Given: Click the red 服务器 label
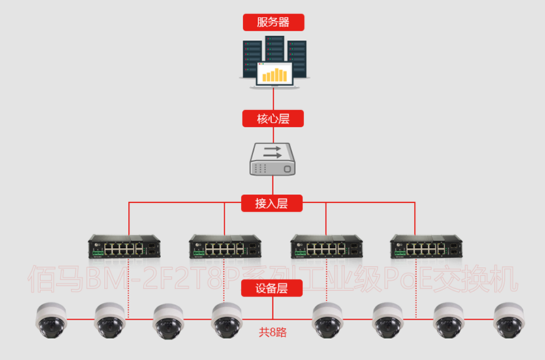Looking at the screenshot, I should click(273, 22).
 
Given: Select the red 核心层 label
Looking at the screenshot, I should click(273, 119).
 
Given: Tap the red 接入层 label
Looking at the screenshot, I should click(273, 203).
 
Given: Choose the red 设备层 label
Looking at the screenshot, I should click(273, 288).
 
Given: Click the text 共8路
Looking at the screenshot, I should click(272, 333).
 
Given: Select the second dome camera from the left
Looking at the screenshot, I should click(111, 319).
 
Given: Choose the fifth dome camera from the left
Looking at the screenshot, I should click(329, 319).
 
